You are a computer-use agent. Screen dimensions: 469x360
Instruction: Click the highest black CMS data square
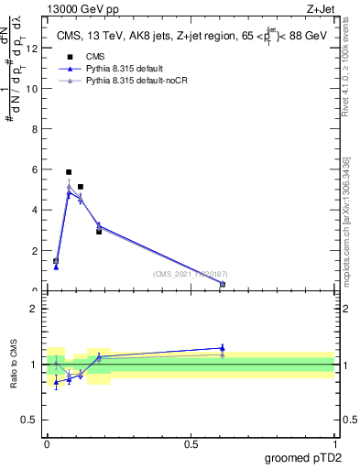tap(69, 172)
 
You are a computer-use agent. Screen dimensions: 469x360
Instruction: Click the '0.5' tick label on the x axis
tap(191, 444)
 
